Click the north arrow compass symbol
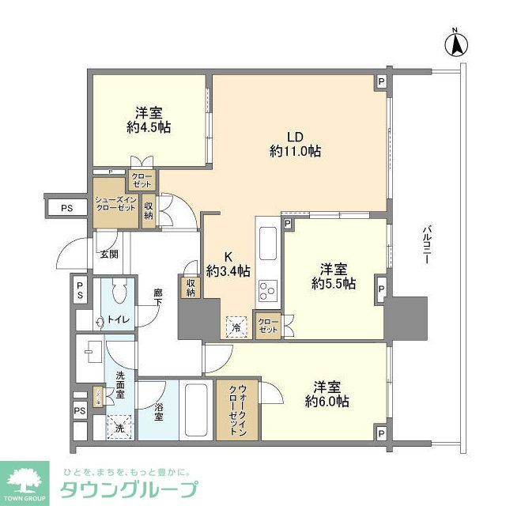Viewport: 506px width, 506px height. click(456, 43)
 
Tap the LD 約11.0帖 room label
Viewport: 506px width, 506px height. click(295, 142)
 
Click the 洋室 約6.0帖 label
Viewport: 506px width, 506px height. click(327, 394)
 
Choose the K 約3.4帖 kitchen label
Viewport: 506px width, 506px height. click(228, 262)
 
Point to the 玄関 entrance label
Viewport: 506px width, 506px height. click(108, 254)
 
